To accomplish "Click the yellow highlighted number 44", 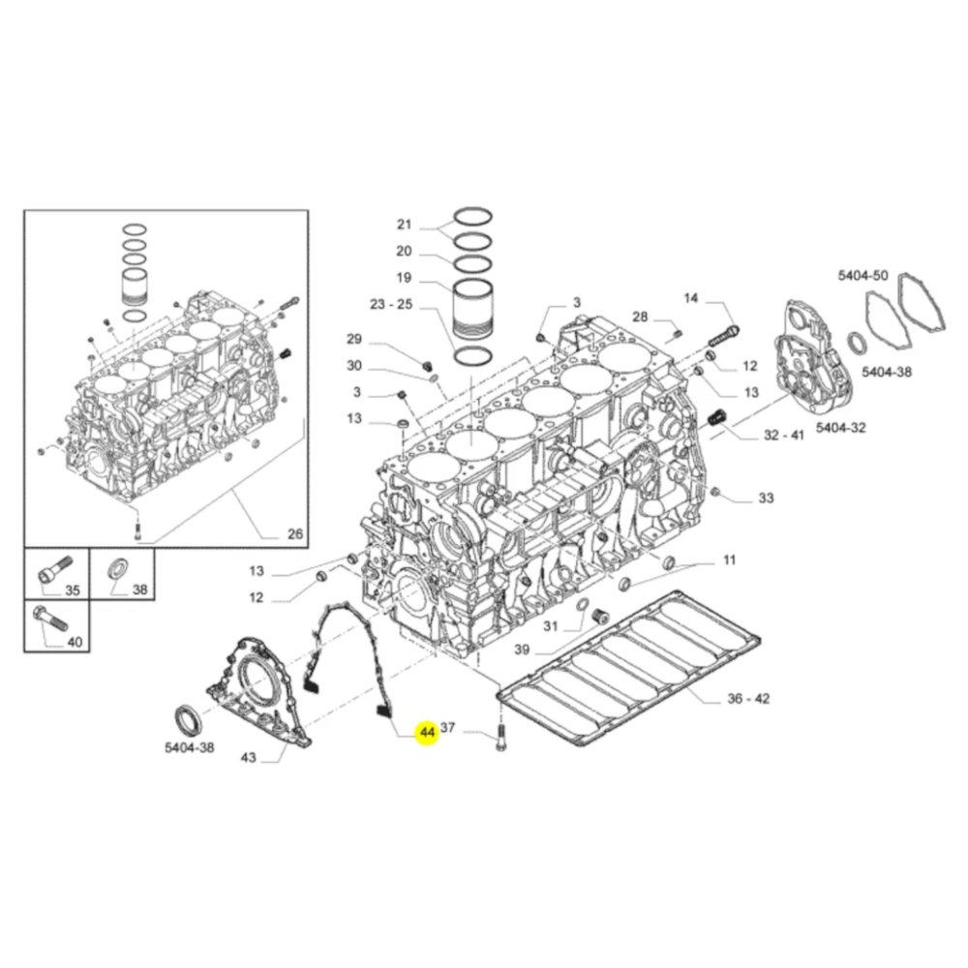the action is pos(427,732).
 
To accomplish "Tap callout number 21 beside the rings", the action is pos(405,225).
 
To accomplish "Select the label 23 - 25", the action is pos(391,304).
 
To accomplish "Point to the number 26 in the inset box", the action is pos(295,534).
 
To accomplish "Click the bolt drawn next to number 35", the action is pos(52,570).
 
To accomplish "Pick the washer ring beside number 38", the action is pos(118,568).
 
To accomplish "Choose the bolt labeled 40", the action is pos(49,618).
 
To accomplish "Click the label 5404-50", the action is pos(863,275).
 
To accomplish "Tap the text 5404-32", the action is pos(841,427).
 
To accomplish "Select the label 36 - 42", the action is pos(749,699).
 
